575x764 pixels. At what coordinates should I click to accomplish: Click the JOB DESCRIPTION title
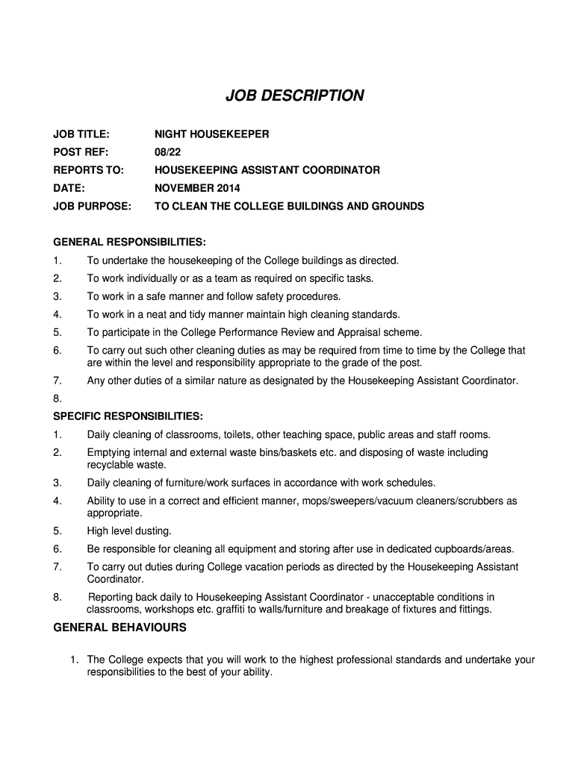296,95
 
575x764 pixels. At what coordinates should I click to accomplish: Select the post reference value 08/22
168,152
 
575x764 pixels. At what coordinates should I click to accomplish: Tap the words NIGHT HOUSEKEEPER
211,134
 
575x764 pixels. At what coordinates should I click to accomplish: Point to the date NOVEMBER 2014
198,188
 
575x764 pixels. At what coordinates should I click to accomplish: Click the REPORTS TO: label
88,170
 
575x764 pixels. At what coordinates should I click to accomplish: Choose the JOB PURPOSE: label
92,206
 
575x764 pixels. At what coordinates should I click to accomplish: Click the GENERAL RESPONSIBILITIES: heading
129,242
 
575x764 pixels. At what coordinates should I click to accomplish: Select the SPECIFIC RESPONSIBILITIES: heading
128,416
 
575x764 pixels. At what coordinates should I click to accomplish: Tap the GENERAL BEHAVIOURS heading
120,627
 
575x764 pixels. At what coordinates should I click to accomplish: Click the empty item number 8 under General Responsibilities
57,398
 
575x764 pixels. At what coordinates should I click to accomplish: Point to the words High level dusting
129,531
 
